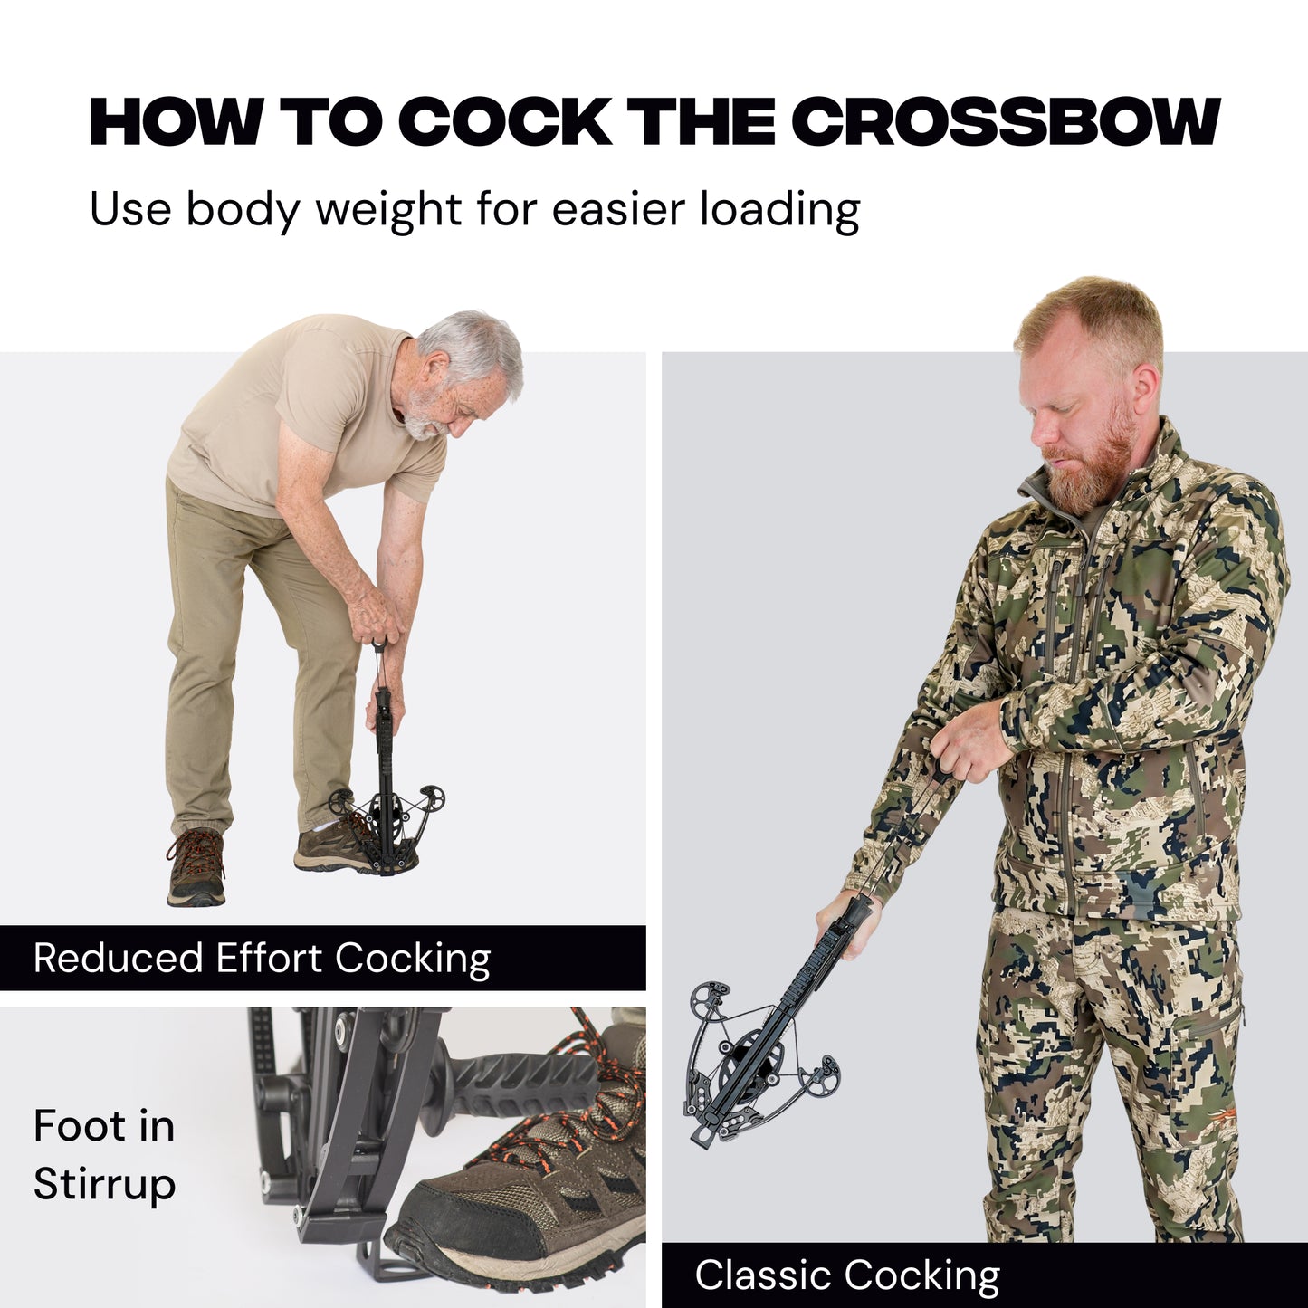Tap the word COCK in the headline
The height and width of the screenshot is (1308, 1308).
pyautogui.click(x=503, y=123)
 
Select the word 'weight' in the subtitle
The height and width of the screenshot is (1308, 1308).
pyautogui.click(x=389, y=210)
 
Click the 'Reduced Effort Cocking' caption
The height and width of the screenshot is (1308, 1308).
pyautogui.click(x=262, y=959)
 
